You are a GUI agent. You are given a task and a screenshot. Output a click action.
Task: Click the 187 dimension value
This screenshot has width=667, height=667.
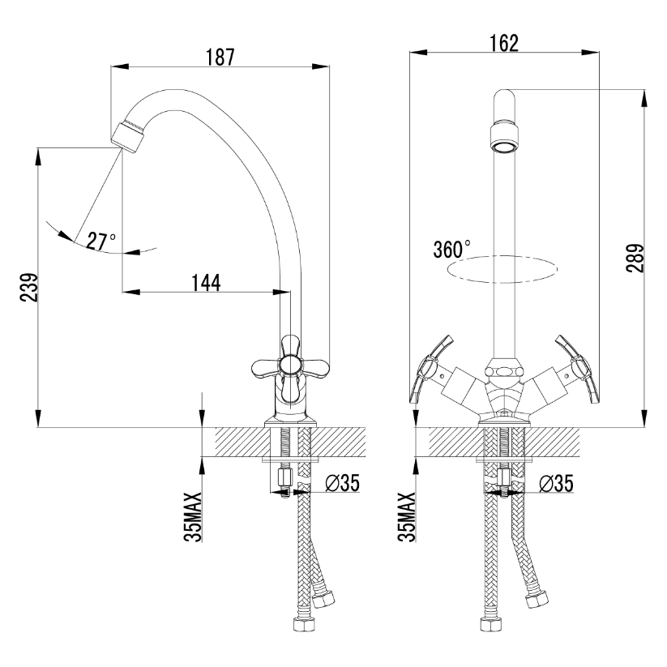pyautogui.click(x=220, y=58)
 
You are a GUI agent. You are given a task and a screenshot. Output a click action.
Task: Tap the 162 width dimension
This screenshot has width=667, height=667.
pyautogui.click(x=504, y=44)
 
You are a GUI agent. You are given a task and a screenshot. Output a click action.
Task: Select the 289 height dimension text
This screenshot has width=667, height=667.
pyautogui.click(x=635, y=258)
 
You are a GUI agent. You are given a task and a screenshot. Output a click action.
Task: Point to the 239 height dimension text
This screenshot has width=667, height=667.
pyautogui.click(x=29, y=287)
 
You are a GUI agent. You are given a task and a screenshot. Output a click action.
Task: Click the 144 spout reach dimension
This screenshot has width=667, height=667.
pyautogui.click(x=206, y=283)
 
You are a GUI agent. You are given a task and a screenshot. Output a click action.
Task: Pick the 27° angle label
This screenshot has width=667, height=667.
pyautogui.click(x=100, y=242)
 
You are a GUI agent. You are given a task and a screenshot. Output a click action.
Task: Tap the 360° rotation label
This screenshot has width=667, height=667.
pyautogui.click(x=451, y=250)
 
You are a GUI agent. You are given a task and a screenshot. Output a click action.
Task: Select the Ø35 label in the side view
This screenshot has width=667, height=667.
pyautogui.click(x=343, y=483)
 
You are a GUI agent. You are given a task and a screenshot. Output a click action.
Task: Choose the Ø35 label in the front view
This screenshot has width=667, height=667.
pyautogui.click(x=557, y=483)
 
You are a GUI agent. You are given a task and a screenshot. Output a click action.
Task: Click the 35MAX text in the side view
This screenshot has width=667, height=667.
pyautogui.click(x=193, y=517)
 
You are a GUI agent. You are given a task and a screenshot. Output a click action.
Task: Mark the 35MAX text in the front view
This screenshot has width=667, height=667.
pyautogui.click(x=407, y=517)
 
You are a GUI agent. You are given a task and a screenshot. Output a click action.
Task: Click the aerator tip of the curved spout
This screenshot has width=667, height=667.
pyautogui.click(x=128, y=137)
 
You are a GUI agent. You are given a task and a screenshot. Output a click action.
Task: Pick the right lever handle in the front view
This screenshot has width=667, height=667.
pyautogui.click(x=578, y=370)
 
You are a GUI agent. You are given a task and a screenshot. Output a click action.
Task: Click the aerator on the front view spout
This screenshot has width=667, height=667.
pyautogui.click(x=504, y=138)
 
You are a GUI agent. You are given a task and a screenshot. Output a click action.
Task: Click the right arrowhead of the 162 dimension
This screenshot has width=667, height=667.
pyautogui.click(x=591, y=53)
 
